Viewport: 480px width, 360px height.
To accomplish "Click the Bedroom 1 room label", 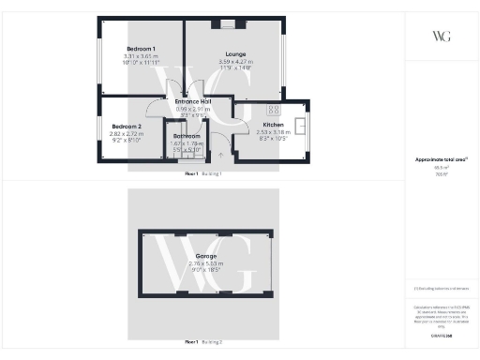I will coord(141,49).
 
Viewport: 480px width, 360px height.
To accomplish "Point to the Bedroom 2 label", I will coord(127,127).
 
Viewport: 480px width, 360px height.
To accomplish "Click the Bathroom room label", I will coord(187,137).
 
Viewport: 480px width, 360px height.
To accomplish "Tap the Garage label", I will coord(206,256).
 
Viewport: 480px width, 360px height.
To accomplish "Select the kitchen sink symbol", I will coord(302,125).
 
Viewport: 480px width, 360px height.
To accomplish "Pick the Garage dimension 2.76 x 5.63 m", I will coord(206,263).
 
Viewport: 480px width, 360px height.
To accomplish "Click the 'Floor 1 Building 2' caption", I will coord(203,342).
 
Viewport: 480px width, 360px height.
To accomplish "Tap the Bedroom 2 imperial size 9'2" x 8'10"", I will coord(127,141).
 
